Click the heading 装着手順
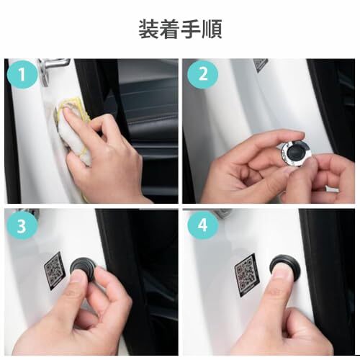[180, 30]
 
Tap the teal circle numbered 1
[22, 74]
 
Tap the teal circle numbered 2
[203, 74]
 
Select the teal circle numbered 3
[22, 225]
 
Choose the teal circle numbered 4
[203, 225]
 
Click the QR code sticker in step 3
[55, 270]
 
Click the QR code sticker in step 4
[247, 274]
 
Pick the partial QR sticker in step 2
[261, 65]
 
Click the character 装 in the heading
[149, 30]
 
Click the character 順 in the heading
[212, 30]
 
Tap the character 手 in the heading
[191, 30]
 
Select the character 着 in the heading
[170, 30]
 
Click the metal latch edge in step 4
[223, 212]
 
